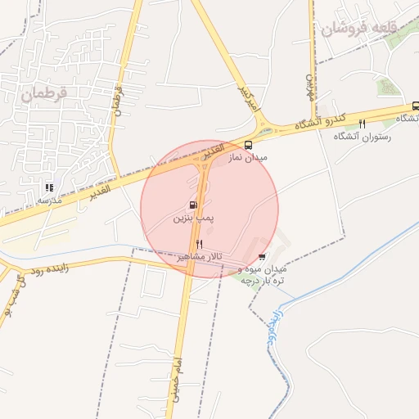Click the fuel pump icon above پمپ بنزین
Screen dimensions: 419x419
pyautogui.click(x=192, y=205)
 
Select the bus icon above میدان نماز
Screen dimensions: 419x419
pyautogui.click(x=249, y=145)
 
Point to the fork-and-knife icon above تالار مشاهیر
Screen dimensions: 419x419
pyautogui.click(x=199, y=245)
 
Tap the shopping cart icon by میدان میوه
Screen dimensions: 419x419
pyautogui.click(x=261, y=257)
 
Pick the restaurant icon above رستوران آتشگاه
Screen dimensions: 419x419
pyautogui.click(x=361, y=124)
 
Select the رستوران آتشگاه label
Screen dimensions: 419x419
pyautogui.click(x=362, y=136)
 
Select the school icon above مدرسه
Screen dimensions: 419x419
pyautogui.click(x=49, y=187)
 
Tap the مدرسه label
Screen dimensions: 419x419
pyautogui.click(x=48, y=199)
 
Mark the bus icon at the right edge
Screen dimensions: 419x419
pyautogui.click(x=415, y=106)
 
